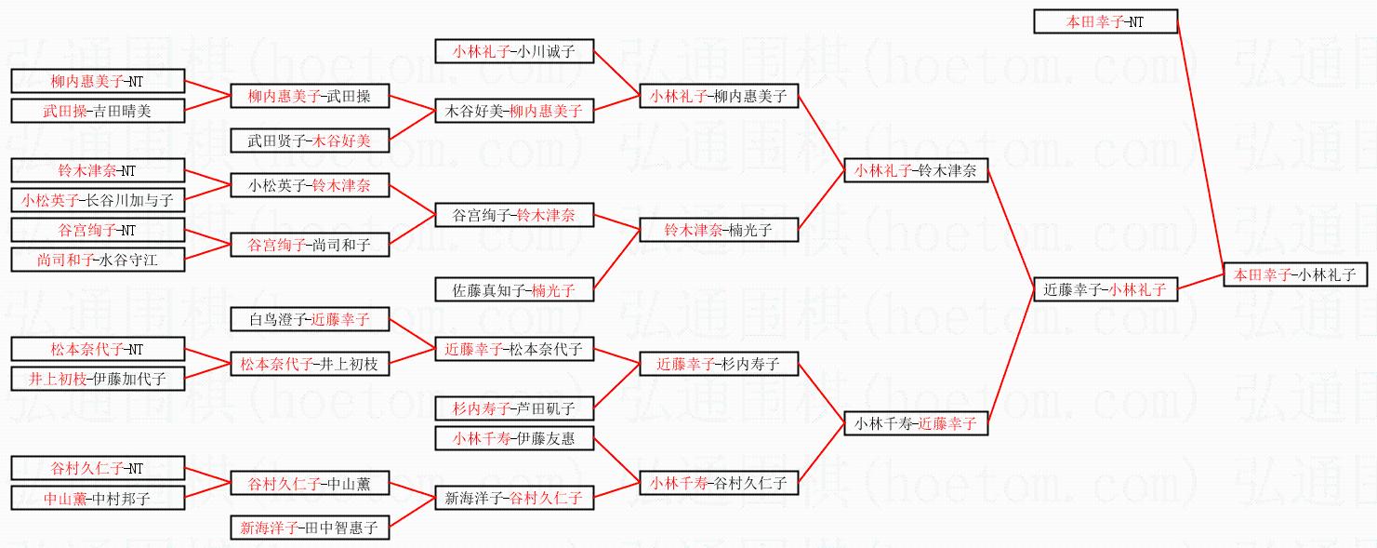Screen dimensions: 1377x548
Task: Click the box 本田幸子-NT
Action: click(x=1106, y=21)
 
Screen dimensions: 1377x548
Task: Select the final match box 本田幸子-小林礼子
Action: click(x=1294, y=274)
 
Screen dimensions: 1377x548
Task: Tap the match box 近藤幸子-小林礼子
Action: click(x=1105, y=289)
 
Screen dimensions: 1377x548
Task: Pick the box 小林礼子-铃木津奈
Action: click(x=916, y=170)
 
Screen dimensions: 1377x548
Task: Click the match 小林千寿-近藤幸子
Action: click(x=916, y=423)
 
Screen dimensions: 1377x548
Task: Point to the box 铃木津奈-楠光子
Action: click(x=718, y=230)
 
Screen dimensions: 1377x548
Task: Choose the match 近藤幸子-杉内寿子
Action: click(x=718, y=364)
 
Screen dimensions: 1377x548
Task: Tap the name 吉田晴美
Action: click(x=123, y=111)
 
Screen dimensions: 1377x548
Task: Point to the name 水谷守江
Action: click(x=128, y=260)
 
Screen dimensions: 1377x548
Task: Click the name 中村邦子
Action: click(x=123, y=498)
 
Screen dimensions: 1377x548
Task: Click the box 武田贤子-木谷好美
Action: click(x=309, y=140)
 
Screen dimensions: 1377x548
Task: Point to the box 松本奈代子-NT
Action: click(x=97, y=349)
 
